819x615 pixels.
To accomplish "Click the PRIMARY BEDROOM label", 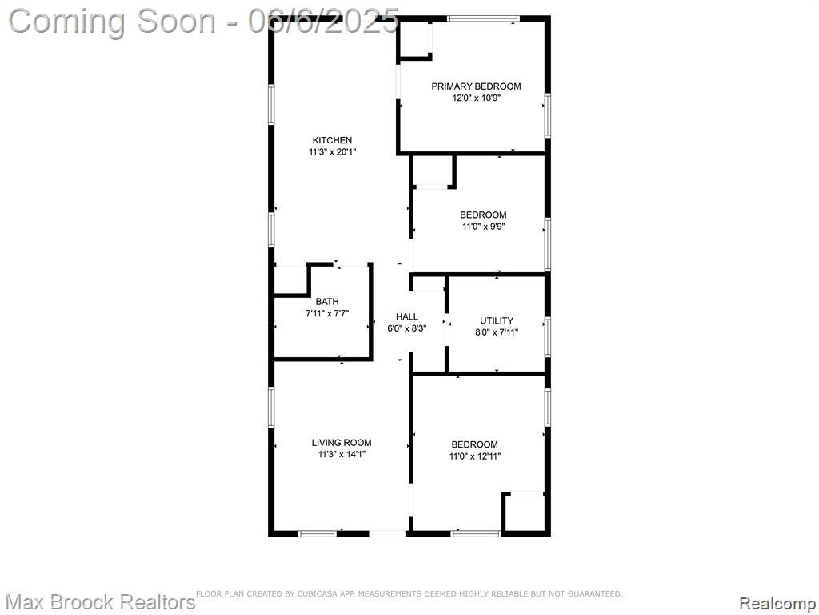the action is coord(476,86).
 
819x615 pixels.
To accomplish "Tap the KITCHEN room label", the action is coord(332,140).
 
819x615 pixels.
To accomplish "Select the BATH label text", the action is coord(327,302).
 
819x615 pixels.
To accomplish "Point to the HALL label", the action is coord(407,316).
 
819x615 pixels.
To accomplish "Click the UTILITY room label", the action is coord(497,320).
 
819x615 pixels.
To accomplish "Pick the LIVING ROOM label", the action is coord(342,443).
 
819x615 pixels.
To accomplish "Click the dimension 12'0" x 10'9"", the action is coord(477,98).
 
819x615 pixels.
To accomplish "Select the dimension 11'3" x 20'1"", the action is coord(333,152).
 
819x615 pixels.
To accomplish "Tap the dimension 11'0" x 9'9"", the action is coord(483,227).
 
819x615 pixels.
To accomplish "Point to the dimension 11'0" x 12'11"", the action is coord(475,456).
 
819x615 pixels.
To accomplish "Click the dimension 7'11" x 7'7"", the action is coord(327,314).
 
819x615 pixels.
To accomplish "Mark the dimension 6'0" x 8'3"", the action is coord(407,329).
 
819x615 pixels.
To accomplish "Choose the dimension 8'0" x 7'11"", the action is coord(497,332).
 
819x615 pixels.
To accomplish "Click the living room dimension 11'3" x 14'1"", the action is coord(342,455).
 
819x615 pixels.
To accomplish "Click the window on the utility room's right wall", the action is coord(547,337).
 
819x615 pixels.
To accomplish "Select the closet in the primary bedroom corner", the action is coord(414,40).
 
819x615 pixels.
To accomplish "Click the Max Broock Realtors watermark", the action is coord(100,602).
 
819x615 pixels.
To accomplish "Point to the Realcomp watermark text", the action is coord(777,603).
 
